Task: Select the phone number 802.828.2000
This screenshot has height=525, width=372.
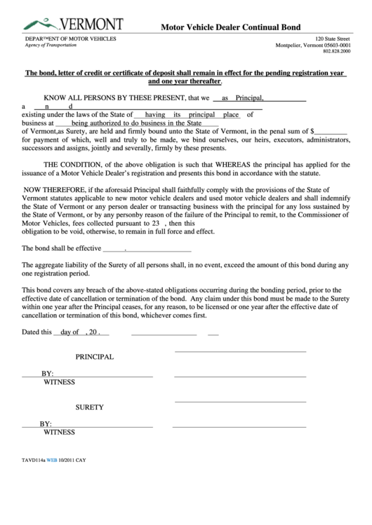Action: click(x=336, y=52)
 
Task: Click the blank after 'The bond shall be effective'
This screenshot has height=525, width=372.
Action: click(x=147, y=248)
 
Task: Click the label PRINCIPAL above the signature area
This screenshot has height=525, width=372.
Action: click(x=95, y=357)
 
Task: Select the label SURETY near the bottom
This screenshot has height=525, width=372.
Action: click(x=90, y=407)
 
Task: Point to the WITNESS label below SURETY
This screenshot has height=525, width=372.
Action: click(x=60, y=432)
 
